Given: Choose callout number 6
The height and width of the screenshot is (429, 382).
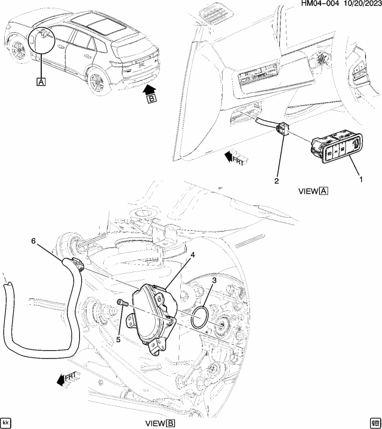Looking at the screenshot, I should click(33, 240).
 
